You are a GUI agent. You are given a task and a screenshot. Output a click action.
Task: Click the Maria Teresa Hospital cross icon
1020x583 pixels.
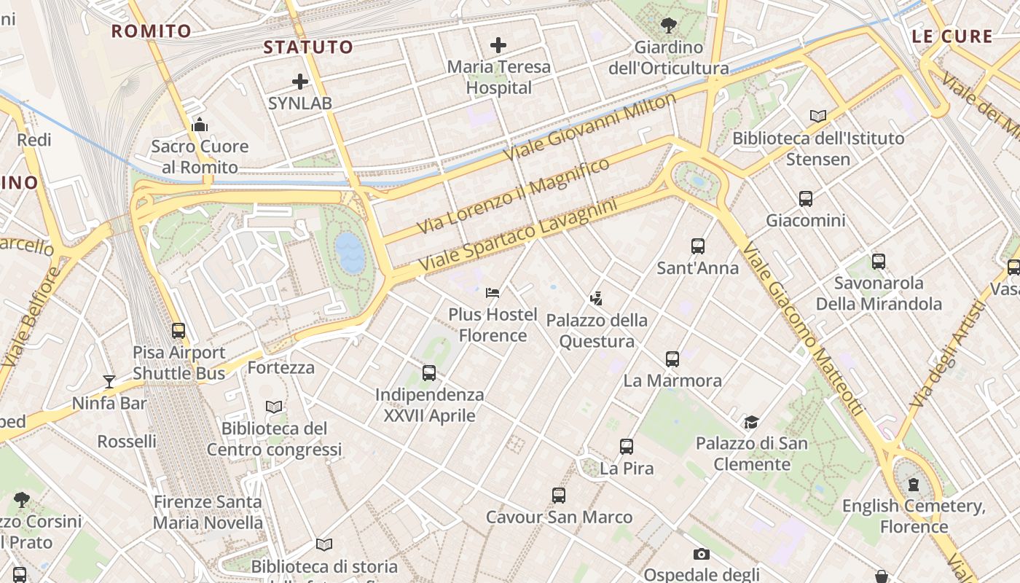tap(498, 46)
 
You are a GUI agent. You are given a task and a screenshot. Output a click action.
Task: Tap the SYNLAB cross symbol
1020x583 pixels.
tap(300, 82)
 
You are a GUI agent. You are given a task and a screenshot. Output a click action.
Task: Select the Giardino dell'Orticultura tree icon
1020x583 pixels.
tap(668, 26)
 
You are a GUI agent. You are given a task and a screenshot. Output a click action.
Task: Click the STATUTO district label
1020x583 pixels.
tap(308, 47)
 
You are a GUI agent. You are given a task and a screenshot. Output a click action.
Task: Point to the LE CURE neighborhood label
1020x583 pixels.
tap(952, 36)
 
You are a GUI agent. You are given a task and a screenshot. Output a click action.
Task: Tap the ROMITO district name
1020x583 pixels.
tap(152, 31)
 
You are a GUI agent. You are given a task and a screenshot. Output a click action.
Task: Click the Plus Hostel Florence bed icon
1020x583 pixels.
tap(493, 293)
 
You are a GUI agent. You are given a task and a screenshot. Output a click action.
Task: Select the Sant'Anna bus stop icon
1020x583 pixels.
tap(698, 246)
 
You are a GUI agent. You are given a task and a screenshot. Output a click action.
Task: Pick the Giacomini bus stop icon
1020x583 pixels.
tap(806, 199)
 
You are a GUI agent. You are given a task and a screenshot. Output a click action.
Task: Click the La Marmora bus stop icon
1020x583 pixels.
tap(672, 359)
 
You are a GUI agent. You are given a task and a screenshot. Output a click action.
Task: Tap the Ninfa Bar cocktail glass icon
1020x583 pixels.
tap(109, 381)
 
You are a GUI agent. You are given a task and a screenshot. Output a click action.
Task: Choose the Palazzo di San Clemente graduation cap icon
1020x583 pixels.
tap(751, 422)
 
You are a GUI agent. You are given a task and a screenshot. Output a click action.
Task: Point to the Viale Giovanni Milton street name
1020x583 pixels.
tap(590, 128)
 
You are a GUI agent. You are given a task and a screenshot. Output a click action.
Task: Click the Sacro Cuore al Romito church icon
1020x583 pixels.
tap(200, 125)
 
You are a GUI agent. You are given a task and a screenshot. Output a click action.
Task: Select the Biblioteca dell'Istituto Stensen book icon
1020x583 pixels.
tap(818, 116)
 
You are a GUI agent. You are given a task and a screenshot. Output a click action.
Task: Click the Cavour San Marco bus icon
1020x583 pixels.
tap(559, 496)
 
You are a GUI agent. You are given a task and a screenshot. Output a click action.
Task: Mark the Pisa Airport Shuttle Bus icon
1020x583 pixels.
tap(178, 331)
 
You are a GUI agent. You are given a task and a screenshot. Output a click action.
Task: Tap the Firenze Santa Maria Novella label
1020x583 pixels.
tap(208, 512)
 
